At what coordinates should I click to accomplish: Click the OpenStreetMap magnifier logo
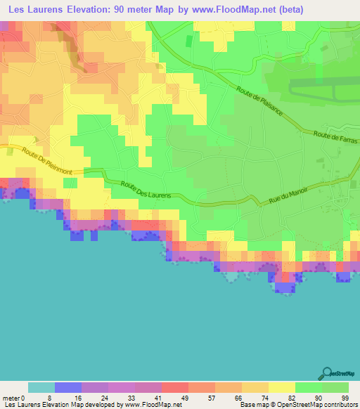327,374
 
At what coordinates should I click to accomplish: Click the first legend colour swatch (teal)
41,387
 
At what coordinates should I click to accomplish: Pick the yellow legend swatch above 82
282,387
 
